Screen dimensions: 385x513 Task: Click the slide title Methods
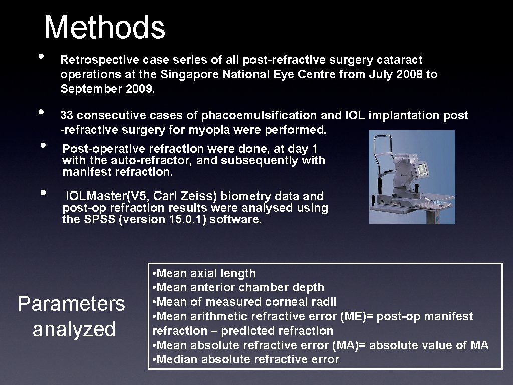click(x=104, y=28)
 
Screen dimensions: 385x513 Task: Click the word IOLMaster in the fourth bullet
click(x=92, y=196)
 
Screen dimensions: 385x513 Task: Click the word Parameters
click(x=71, y=304)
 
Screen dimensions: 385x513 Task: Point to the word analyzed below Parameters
click(x=74, y=329)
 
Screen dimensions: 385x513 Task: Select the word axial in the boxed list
click(x=202, y=274)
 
